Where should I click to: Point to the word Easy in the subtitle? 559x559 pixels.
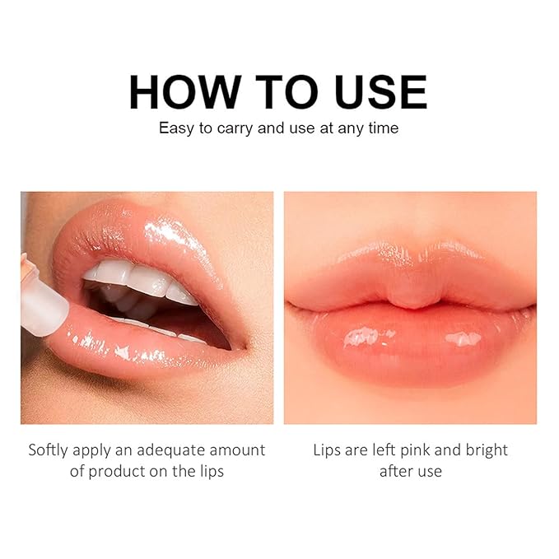point(175,128)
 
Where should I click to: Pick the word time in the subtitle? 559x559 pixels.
point(382,128)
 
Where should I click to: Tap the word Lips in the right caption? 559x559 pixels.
point(328,450)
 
